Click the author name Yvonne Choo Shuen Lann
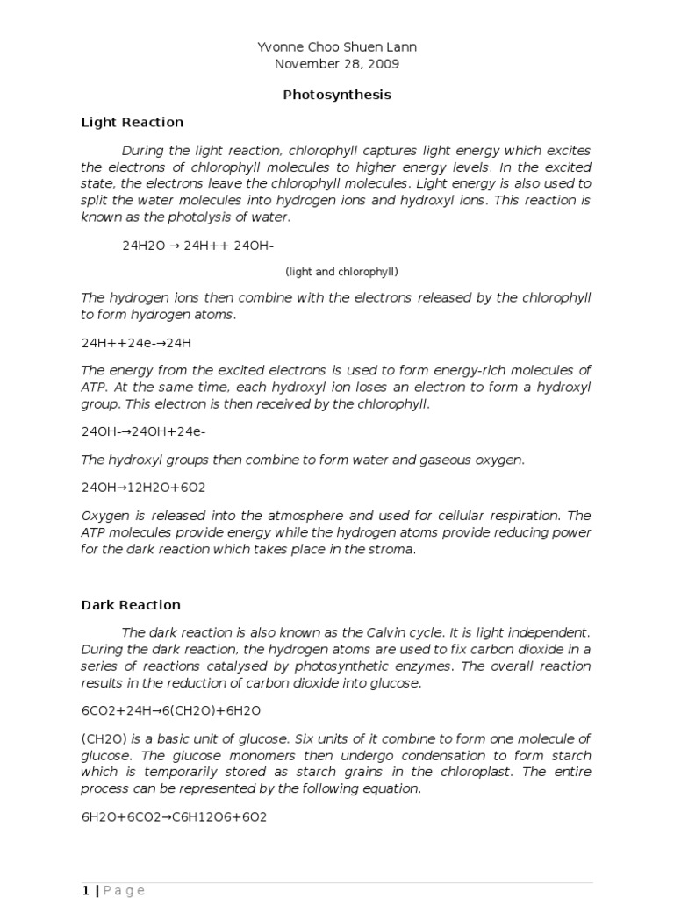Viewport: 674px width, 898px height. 337,46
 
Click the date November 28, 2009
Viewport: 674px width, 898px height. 337,63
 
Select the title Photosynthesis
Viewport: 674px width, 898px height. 337,94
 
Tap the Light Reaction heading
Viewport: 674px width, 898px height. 133,122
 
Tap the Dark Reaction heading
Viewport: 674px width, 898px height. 131,604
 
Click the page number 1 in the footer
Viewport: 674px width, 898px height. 85,890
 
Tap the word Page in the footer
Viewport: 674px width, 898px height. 124,890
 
